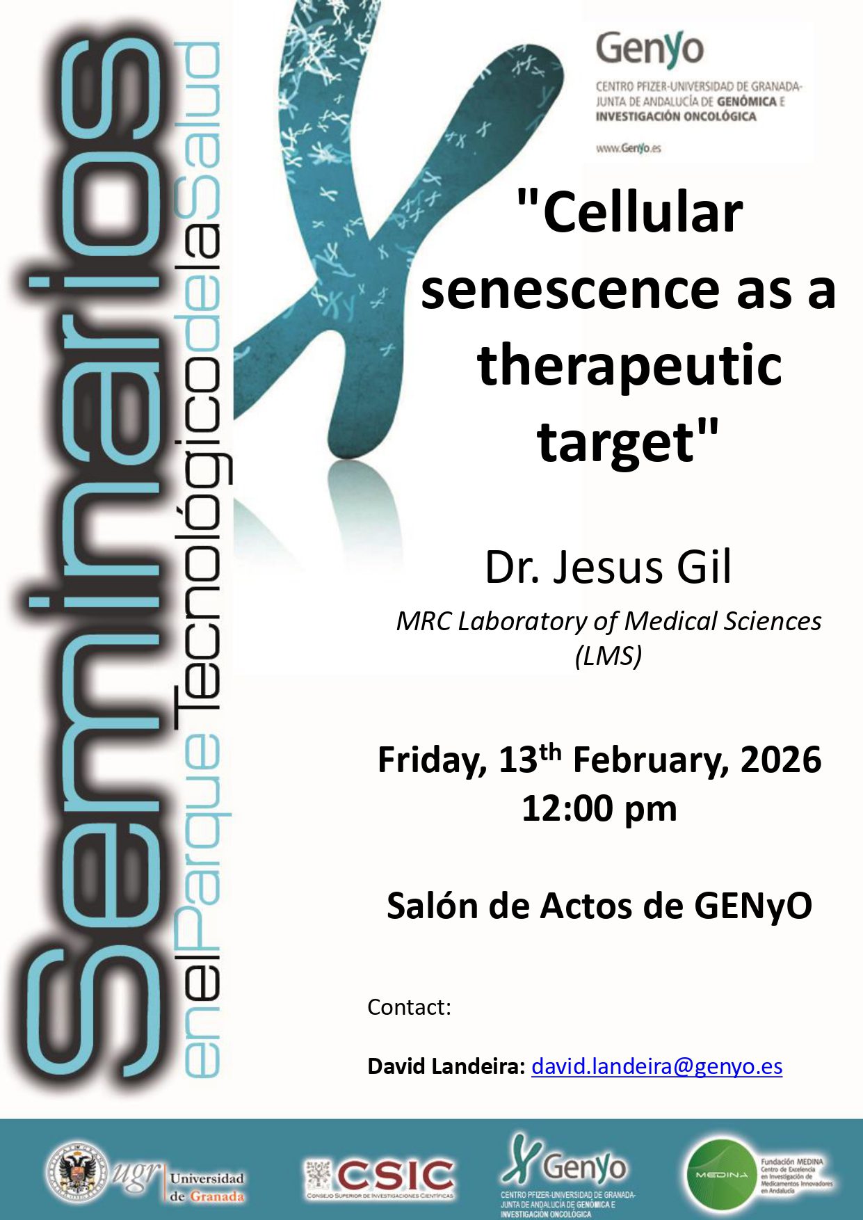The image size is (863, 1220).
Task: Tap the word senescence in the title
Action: point(568,289)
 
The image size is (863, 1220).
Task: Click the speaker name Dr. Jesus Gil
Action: point(608,567)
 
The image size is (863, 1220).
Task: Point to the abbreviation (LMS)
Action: point(608,655)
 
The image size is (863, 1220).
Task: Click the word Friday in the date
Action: point(431,760)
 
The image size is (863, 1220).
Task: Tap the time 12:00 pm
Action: point(599,809)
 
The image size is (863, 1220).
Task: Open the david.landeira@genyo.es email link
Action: point(656,1066)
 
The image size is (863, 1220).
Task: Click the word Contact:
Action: point(410,1007)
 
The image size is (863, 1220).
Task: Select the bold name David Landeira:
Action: point(446,1066)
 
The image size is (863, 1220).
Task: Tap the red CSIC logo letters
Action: point(395,1174)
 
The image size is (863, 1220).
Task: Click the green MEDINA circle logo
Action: point(720,1174)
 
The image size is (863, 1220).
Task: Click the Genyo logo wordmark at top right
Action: point(650,49)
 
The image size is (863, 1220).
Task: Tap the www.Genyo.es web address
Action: point(628,148)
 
